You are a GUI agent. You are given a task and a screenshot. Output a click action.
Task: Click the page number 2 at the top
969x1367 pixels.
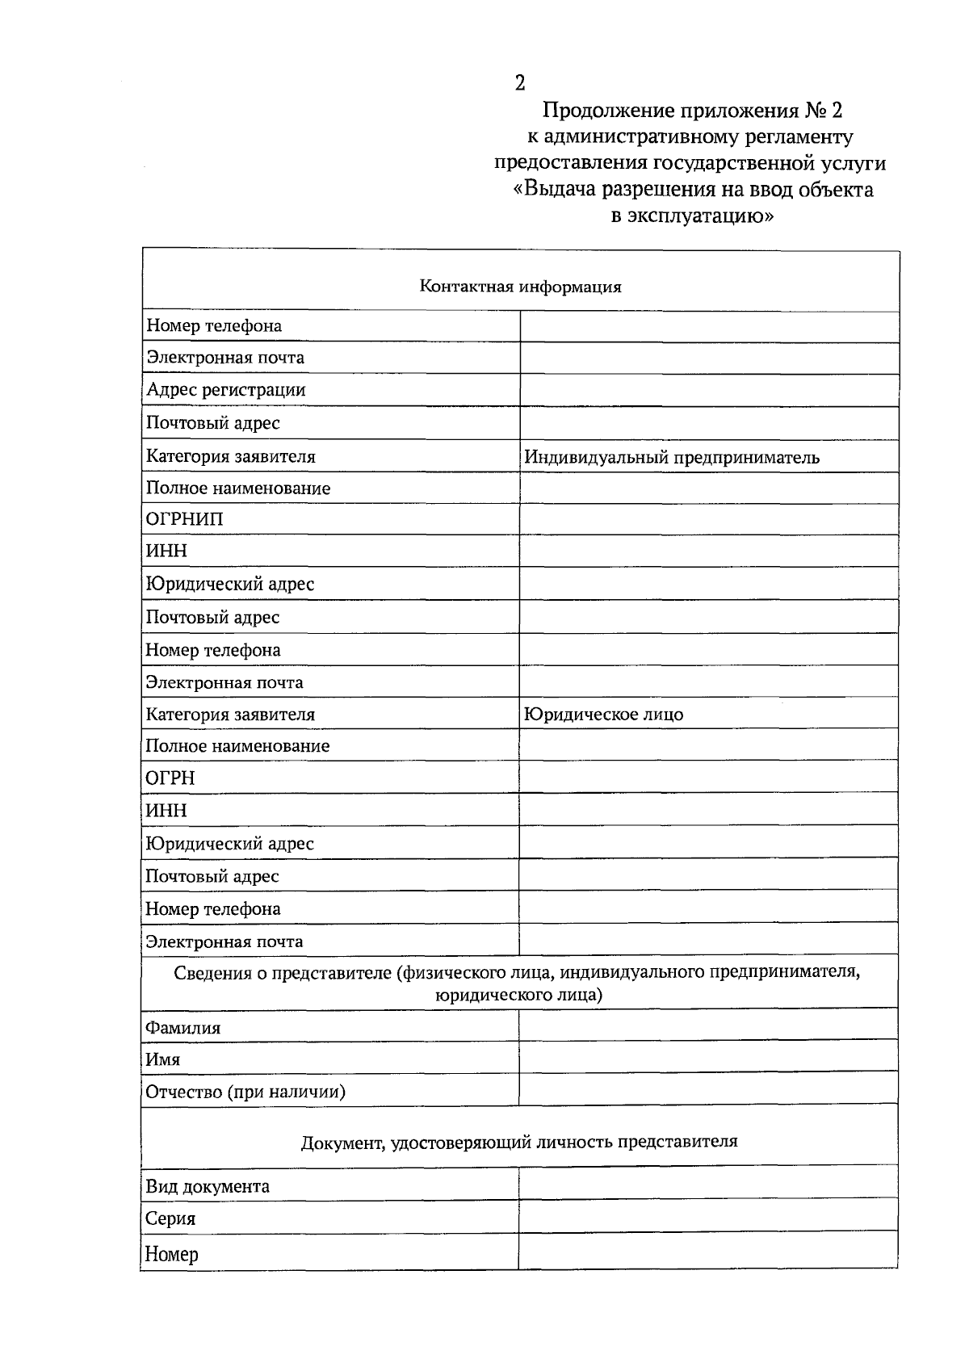(x=519, y=83)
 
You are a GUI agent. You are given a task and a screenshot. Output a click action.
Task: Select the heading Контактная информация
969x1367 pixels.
(x=520, y=287)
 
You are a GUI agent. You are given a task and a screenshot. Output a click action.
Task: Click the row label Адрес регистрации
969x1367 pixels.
(x=225, y=390)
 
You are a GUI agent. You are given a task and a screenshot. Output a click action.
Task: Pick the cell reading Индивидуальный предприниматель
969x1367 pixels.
(x=672, y=458)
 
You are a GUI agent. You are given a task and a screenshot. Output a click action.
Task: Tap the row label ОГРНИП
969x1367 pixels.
(x=185, y=519)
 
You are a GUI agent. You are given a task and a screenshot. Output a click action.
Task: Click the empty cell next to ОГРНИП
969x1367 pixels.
(x=708, y=519)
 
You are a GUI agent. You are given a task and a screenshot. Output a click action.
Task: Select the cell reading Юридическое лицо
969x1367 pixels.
(x=603, y=715)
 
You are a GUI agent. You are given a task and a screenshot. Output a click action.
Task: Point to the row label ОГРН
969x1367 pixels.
(x=170, y=778)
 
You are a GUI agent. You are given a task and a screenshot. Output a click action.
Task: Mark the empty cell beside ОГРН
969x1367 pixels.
(x=708, y=778)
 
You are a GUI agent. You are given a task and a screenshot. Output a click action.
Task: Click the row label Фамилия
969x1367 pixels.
(x=182, y=1028)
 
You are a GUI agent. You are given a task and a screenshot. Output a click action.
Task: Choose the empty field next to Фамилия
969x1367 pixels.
(x=708, y=1025)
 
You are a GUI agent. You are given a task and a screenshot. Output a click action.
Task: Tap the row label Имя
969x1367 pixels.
(x=162, y=1059)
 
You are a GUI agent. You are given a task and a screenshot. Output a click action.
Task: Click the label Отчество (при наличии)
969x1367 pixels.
(x=245, y=1092)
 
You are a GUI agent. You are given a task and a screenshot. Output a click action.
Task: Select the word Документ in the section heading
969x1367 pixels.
(x=341, y=1143)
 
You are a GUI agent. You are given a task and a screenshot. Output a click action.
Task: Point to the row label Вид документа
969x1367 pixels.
(x=208, y=1187)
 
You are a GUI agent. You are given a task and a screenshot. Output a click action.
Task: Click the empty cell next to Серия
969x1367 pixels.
(x=708, y=1216)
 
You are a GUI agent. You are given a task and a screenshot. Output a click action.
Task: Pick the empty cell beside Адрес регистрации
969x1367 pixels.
(x=708, y=390)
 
